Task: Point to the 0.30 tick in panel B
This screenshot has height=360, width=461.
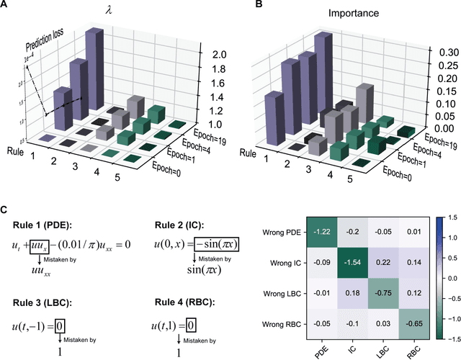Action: pyautogui.click(x=435, y=52)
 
